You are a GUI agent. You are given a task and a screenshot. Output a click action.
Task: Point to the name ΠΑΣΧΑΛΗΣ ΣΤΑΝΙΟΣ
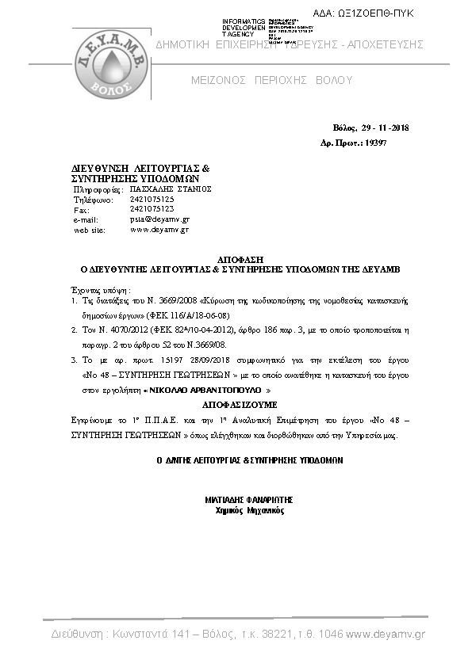171,190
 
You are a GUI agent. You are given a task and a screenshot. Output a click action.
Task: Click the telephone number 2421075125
152,200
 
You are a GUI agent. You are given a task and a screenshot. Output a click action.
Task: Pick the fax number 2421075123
152,209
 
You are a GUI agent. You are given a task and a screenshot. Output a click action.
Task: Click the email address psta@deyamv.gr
159,219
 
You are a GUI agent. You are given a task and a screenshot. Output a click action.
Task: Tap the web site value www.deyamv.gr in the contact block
159,229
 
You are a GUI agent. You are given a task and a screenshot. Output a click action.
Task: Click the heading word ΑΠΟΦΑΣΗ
236,260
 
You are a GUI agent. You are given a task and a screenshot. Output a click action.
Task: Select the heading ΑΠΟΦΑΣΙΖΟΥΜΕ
236,403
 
